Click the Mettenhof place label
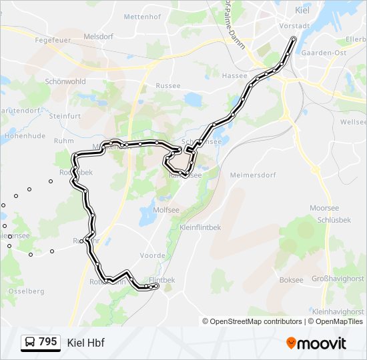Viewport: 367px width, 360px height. point(143,15)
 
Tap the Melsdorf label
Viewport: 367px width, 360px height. point(99,36)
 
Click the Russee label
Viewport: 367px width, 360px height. point(167,86)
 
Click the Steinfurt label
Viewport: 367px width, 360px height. point(65,116)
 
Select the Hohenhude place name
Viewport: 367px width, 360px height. point(24,135)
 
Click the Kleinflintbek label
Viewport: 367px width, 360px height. point(200,227)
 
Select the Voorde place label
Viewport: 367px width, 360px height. point(152,255)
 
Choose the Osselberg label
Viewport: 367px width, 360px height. point(26,291)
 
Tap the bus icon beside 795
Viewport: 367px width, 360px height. point(30,343)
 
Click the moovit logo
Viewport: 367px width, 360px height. point(316,343)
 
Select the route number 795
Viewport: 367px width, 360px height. point(48,342)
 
